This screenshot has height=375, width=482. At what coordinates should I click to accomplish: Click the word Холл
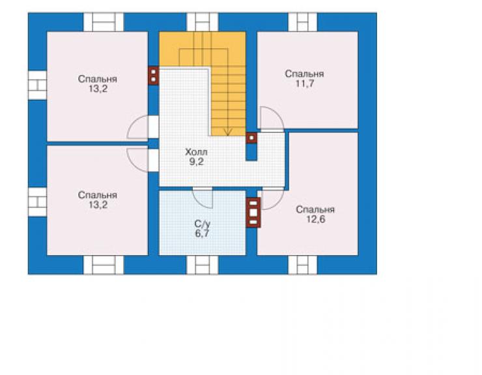pyautogui.click(x=196, y=152)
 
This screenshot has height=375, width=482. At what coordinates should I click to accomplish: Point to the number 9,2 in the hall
pyautogui.click(x=197, y=162)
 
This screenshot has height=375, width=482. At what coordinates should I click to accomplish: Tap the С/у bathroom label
pyautogui.click(x=203, y=224)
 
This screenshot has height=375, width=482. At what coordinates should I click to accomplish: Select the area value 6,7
pyautogui.click(x=202, y=233)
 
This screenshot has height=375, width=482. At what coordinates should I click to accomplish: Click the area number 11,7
pyautogui.click(x=305, y=83)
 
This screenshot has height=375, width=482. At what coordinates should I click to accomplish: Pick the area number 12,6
pyautogui.click(x=316, y=219)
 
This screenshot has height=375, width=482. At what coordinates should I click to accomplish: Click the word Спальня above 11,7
pyautogui.click(x=304, y=74)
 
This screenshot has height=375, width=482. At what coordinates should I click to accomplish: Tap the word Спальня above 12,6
pyautogui.click(x=315, y=209)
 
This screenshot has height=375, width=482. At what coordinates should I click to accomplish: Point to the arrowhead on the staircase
pyautogui.click(x=227, y=132)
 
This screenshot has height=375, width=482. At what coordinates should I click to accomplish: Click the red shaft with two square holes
pyautogui.click(x=153, y=76)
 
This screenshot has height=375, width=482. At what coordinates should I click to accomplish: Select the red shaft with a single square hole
pyautogui.click(x=251, y=138)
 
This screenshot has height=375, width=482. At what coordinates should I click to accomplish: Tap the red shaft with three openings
pyautogui.click(x=253, y=213)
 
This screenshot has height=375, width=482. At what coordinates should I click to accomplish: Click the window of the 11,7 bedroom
pyautogui.click(x=303, y=22)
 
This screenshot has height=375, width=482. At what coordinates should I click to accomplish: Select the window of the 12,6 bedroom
pyautogui.click(x=303, y=265)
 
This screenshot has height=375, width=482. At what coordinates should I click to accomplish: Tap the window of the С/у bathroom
pyautogui.click(x=203, y=265)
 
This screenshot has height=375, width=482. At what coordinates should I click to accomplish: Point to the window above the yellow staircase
pyautogui.click(x=203, y=22)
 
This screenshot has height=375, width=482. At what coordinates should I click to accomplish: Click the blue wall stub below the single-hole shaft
pyautogui.click(x=251, y=152)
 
